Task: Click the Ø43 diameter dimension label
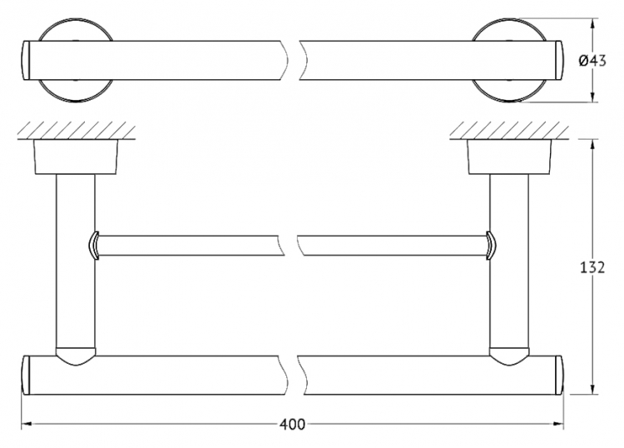[x=592, y=61]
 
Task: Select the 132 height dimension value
[x=592, y=267]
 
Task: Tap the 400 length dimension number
[x=292, y=425]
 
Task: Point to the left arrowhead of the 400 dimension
[x=27, y=424]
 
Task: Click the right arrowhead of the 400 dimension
[x=559, y=424]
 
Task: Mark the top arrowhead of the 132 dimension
[x=593, y=144]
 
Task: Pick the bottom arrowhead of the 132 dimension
[x=593, y=390]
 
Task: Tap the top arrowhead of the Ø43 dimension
[x=593, y=23]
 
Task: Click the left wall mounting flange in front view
[x=76, y=157]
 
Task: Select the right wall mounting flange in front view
[x=509, y=157]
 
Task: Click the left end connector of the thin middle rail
[x=93, y=246]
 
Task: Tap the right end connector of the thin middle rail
[x=490, y=246]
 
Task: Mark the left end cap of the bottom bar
[x=26, y=375]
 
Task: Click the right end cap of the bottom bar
[x=559, y=375]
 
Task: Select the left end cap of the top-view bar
[x=26, y=60]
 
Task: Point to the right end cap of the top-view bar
[x=559, y=60]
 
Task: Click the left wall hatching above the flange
[x=76, y=130]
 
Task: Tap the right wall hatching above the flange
[x=509, y=130]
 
